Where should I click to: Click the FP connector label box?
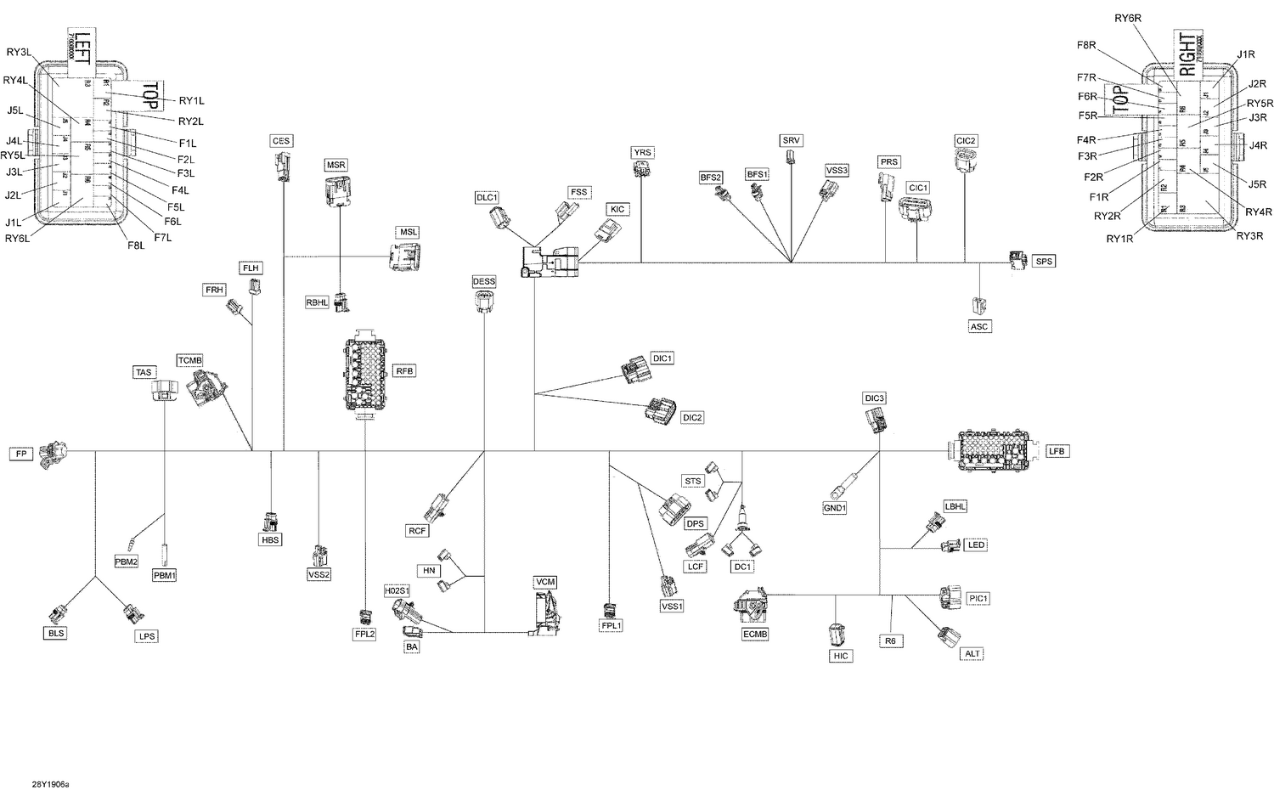click(x=21, y=454)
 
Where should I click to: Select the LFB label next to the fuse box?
click(x=1056, y=451)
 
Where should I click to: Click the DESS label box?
click(x=484, y=281)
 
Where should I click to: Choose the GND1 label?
click(x=835, y=508)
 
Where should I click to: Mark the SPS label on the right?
click(x=1044, y=262)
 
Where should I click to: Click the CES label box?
click(x=281, y=141)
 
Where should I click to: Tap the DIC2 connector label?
click(x=692, y=418)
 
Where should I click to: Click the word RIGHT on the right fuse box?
click(x=1187, y=54)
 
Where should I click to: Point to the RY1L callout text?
click(x=191, y=101)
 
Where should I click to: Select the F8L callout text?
click(x=136, y=245)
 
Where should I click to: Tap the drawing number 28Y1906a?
click(x=51, y=785)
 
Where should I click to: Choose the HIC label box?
click(x=840, y=656)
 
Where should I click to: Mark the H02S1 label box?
click(x=397, y=590)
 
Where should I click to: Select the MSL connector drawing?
click(x=405, y=257)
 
